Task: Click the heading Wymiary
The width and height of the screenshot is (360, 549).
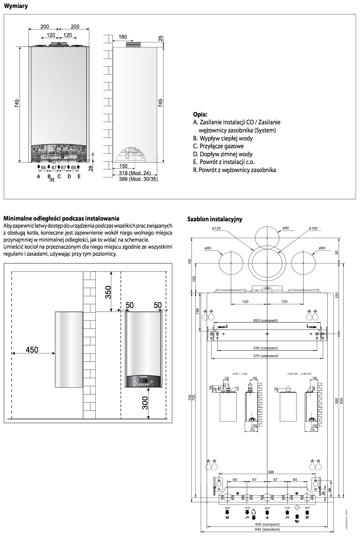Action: coord(16,6)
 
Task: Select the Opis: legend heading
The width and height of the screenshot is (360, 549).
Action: coord(200,114)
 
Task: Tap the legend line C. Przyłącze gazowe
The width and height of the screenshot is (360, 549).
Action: coord(218,146)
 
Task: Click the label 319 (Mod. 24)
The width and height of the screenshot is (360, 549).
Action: coord(135,173)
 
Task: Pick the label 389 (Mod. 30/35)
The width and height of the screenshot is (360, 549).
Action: coord(138,179)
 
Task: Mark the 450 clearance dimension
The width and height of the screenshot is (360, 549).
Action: coord(32,350)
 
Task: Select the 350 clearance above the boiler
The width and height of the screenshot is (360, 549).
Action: coord(108,292)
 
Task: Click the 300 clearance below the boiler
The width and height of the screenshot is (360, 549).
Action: coord(145,403)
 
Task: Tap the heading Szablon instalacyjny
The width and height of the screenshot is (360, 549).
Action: coord(215,219)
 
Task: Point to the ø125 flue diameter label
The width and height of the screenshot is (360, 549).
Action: coord(217,228)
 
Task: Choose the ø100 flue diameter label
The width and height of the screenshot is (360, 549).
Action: coord(313,228)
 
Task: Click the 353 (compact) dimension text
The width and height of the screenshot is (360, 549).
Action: coord(265,320)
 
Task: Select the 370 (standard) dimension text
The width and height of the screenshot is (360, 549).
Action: coord(265,356)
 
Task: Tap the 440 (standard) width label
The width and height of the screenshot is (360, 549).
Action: coord(267,529)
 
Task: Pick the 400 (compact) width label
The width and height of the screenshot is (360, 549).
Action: coord(267,524)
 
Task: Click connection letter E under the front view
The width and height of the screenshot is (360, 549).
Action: coord(79,177)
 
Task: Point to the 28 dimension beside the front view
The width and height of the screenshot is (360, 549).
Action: coord(91,169)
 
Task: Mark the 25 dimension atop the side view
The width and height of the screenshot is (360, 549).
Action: coord(160,39)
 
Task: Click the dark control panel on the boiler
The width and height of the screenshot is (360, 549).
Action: coord(143,381)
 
